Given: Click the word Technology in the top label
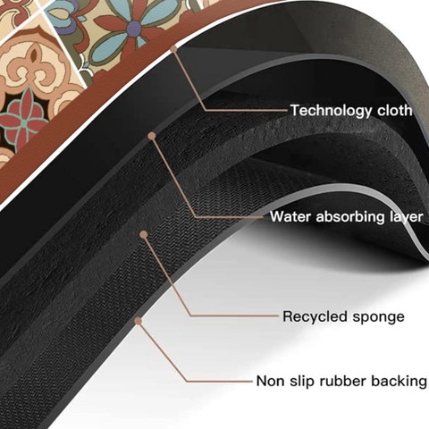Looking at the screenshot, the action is click(332, 111).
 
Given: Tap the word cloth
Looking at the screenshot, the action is click(395, 110).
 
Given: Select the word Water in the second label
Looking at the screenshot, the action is click(290, 216).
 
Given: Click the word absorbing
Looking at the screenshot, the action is click(350, 216).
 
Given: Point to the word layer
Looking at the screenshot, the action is click(407, 216).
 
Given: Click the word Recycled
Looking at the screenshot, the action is click(315, 316).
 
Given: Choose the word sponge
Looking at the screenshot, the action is click(379, 317).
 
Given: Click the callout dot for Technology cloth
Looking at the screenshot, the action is click(173, 48).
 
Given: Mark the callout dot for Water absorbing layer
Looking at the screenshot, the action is click(152, 136).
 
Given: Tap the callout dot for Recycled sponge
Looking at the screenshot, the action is click(144, 234).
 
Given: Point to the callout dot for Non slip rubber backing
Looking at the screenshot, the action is click(138, 321).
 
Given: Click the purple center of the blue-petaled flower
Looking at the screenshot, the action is click(134, 29).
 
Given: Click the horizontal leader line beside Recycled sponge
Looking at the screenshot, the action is click(235, 316).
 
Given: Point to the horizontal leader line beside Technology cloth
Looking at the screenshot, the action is click(247, 111).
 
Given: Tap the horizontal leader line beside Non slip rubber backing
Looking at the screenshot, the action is click(220, 381).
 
